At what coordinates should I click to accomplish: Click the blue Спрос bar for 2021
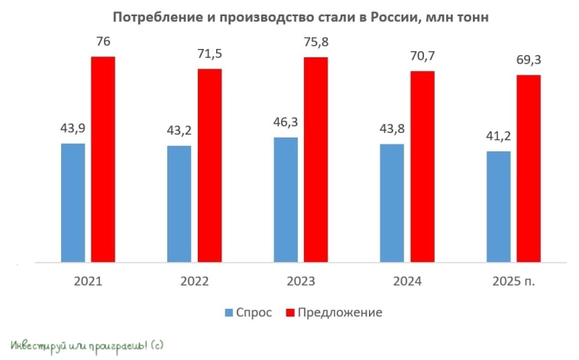pos(73,203)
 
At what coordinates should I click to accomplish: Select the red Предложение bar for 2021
pos(103,159)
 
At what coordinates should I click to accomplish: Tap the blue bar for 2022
pos(179,204)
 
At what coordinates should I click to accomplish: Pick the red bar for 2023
pos(315,160)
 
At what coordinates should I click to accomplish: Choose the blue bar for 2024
pos(392,203)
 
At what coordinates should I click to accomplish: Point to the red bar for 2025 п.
pos(529,168)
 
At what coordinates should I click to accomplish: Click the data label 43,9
pos(73,128)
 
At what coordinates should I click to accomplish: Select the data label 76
pos(103,41)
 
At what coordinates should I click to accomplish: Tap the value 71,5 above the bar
pos(210,54)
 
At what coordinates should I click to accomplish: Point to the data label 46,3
pos(285,122)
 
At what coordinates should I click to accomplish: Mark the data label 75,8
pos(316,42)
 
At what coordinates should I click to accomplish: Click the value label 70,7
pos(422,57)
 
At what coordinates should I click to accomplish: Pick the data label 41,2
pos(497,136)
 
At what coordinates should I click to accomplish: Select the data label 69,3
pos(529,60)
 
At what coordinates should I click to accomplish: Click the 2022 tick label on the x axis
pos(194,281)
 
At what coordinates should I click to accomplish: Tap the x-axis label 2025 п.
pos(513,281)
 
